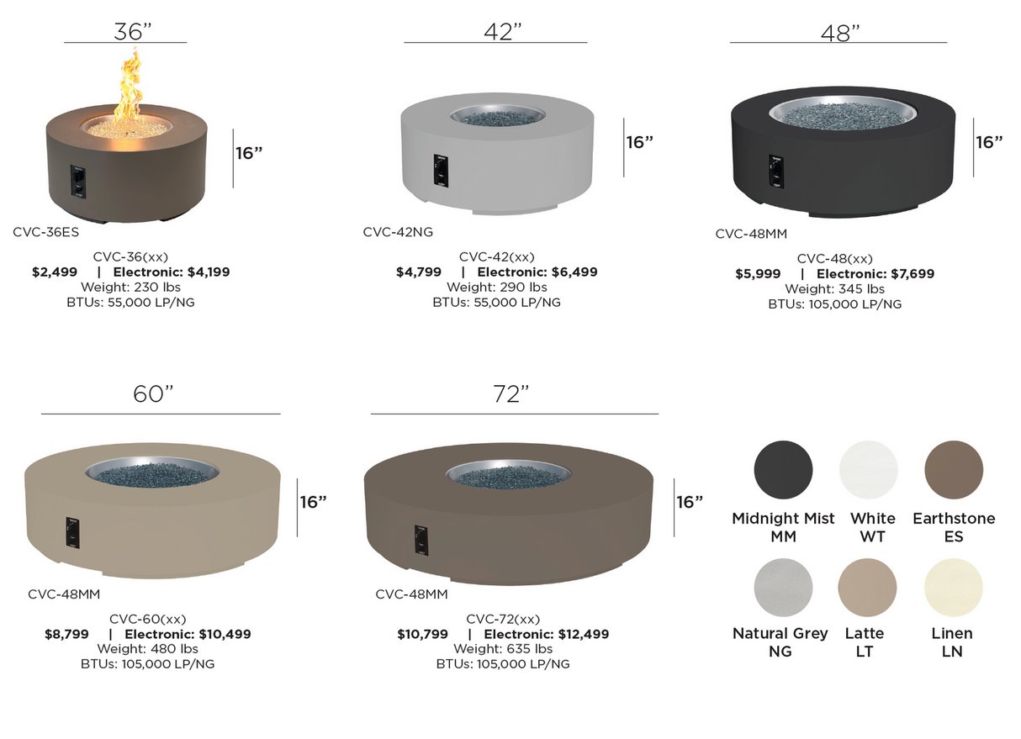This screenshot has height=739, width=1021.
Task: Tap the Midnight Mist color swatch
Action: coord(783,468)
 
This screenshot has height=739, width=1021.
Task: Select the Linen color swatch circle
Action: coord(953,587)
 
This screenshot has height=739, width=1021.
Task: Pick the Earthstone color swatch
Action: coord(953,468)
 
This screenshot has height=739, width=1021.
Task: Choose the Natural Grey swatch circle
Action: coord(783,587)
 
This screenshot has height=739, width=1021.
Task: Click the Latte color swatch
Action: coord(867,587)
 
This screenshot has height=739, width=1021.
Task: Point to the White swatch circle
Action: coord(869,468)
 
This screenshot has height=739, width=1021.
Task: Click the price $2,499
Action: coord(55,272)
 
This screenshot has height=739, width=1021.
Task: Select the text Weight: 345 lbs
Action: coord(834,289)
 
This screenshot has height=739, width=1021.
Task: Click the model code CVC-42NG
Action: coord(398,232)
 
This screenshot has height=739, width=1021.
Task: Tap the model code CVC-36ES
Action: coord(45,231)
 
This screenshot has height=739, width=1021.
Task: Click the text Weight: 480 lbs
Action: coord(147,649)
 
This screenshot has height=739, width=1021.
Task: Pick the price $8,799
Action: coord(66,635)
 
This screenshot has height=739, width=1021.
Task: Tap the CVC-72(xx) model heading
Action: coord(502,620)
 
